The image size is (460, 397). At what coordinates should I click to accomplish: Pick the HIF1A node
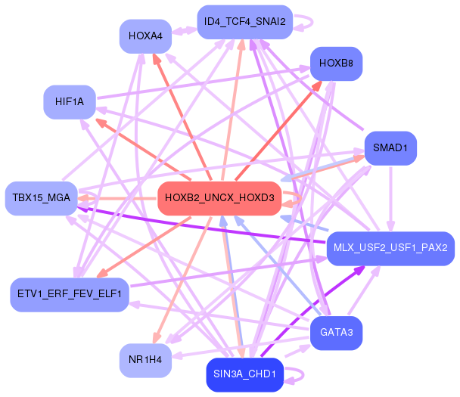pyautogui.click(x=69, y=101)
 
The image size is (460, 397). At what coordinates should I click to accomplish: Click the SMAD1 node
pyautogui.click(x=390, y=148)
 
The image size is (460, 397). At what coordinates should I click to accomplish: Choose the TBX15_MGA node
pyautogui.click(x=42, y=198)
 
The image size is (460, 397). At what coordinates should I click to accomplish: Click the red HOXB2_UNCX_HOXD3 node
pyautogui.click(x=219, y=198)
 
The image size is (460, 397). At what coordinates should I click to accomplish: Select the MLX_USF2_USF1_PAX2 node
pyautogui.click(x=390, y=248)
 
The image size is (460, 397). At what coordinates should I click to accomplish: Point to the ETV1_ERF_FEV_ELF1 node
pyautogui.click(x=69, y=294)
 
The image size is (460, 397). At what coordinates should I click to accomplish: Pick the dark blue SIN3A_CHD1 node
pyautogui.click(x=244, y=374)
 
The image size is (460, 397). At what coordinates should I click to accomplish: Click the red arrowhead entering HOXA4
pyautogui.click(x=155, y=57)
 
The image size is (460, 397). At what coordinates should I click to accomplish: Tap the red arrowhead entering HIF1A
pyautogui.click(x=98, y=121)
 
